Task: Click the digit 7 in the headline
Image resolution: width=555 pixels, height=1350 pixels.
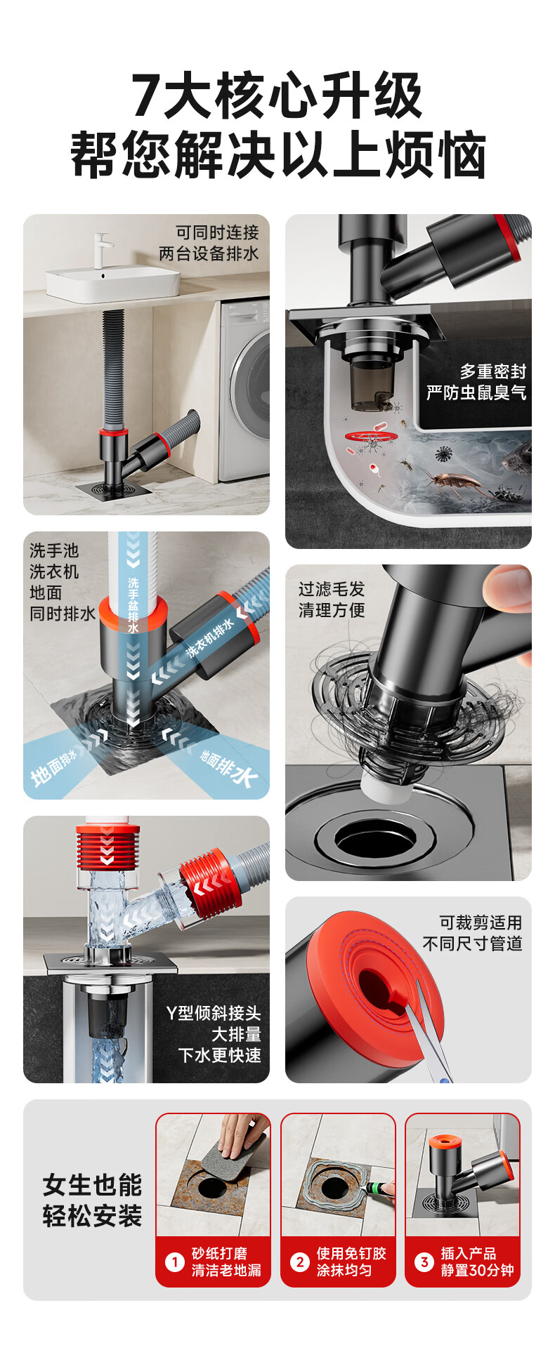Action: pyautogui.click(x=146, y=95)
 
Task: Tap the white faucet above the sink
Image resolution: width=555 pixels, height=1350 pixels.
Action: pyautogui.click(x=104, y=249)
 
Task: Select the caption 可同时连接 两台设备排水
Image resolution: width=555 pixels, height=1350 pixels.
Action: pyautogui.click(x=209, y=243)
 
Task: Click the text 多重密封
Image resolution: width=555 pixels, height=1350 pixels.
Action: pyautogui.click(x=493, y=371)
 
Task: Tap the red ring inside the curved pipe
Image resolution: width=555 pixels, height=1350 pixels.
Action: pyautogui.click(x=370, y=437)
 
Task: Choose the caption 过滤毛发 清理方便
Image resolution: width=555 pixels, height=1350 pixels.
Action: pyautogui.click(x=332, y=600)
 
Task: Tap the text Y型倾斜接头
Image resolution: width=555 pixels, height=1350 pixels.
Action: pyautogui.click(x=214, y=1013)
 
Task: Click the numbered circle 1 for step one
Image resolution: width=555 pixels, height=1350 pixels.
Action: pyautogui.click(x=174, y=1262)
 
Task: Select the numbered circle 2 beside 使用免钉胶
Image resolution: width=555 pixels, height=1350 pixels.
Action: pyautogui.click(x=300, y=1262)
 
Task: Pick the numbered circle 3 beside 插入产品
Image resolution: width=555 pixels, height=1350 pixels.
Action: pyautogui.click(x=424, y=1262)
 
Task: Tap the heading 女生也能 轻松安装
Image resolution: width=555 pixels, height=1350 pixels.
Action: pyautogui.click(x=92, y=1200)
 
